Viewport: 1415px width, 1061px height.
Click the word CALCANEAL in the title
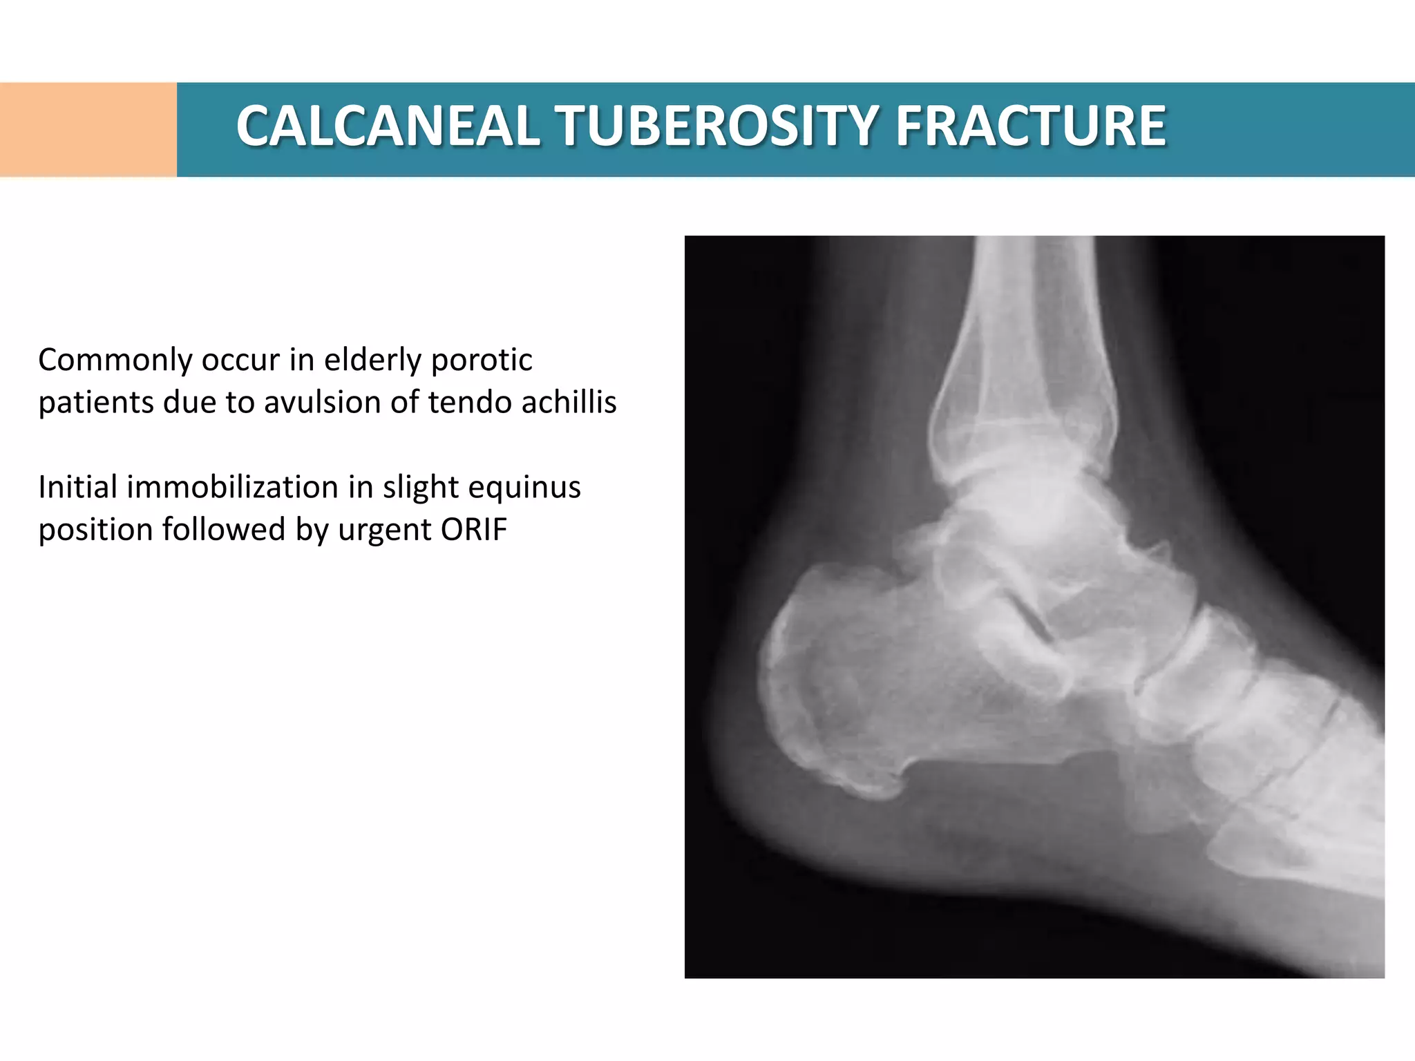388,126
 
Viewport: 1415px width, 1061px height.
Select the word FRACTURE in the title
1030,126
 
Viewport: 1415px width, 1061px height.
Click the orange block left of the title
88,130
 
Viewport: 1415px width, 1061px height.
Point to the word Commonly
115,361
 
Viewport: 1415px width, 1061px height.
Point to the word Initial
77,488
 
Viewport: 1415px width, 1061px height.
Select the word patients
95,403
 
